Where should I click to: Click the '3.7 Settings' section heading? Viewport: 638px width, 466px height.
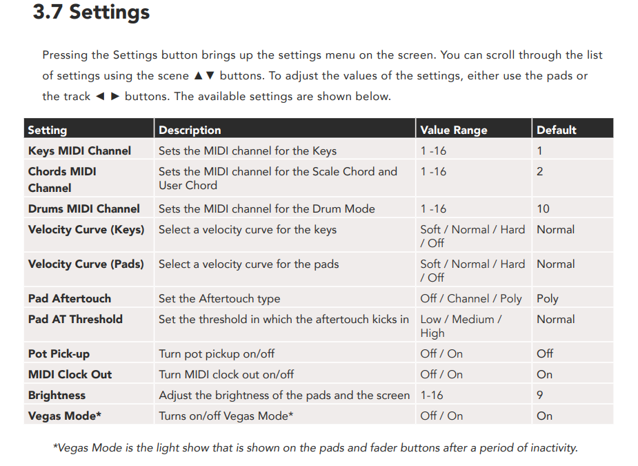[91, 12]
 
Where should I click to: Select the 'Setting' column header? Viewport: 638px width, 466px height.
[47, 130]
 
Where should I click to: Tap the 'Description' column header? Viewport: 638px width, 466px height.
[190, 130]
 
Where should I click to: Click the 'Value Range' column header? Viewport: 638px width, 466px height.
[454, 130]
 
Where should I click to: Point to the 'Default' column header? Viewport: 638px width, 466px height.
[556, 130]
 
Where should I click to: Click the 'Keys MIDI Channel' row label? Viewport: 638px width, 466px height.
[79, 151]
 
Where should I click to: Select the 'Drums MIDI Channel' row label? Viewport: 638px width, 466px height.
[83, 208]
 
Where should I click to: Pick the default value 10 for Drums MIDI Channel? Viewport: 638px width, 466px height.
[544, 208]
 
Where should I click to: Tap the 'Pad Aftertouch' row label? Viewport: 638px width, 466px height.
[69, 298]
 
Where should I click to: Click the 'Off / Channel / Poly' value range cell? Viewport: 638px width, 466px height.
[471, 298]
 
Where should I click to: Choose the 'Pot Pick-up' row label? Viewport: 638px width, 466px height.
[59, 353]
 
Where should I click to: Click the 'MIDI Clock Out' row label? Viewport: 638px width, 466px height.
[70, 374]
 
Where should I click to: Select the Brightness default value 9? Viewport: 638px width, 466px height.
[540, 395]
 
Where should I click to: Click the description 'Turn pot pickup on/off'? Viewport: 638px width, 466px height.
[217, 353]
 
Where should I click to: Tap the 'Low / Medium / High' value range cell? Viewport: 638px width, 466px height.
[461, 326]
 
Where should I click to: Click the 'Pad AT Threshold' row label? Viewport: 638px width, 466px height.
[75, 319]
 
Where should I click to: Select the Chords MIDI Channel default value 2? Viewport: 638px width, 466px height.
[540, 171]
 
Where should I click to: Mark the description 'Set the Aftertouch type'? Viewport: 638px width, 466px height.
[219, 298]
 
